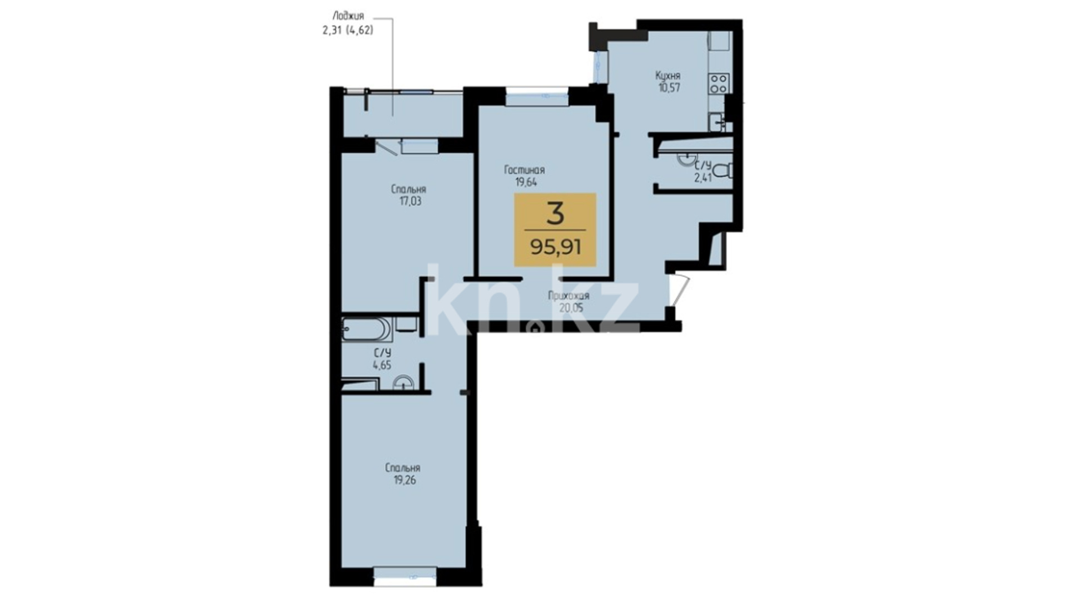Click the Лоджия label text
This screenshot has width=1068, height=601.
click(348, 17)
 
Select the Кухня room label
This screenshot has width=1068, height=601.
click(667, 75)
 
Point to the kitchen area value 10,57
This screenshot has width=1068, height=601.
click(667, 87)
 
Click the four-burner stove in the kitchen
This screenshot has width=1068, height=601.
click(718, 83)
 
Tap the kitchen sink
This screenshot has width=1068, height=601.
click(716, 121)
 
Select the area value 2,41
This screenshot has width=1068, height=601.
click(702, 178)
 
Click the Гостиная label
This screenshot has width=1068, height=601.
click(525, 170)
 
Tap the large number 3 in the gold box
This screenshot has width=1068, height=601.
click(555, 214)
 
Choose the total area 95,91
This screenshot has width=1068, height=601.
click(556, 246)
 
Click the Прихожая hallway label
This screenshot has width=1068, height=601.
click(568, 296)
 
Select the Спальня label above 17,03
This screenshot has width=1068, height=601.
click(408, 189)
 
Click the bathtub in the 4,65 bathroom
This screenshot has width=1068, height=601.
click(367, 329)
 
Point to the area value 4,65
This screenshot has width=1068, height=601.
click(382, 365)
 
